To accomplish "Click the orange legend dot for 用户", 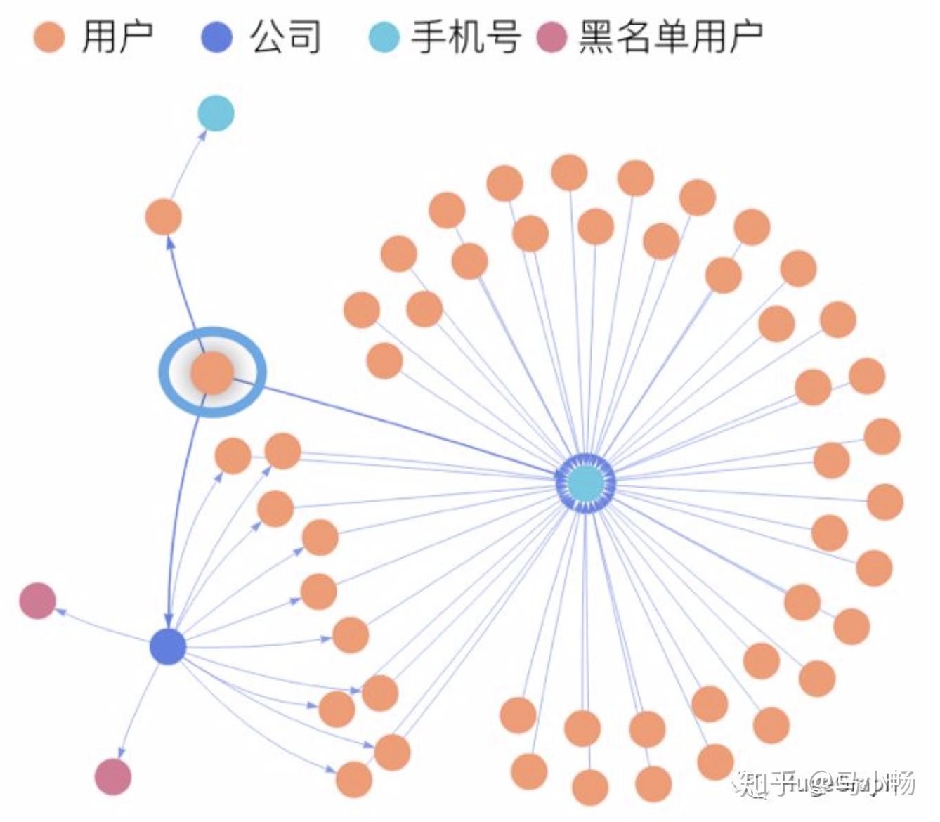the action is tap(49, 37).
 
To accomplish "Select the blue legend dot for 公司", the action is tap(216, 37).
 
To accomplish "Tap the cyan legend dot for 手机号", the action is tap(384, 37).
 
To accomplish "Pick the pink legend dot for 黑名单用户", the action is tap(551, 37).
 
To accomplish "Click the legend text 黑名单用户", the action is tap(671, 37).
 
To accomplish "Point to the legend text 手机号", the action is tap(466, 37).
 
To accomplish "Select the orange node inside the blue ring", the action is tap(212, 372).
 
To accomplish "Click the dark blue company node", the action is tap(168, 646).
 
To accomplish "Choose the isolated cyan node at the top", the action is tap(215, 113).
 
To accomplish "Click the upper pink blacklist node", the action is tap(37, 601).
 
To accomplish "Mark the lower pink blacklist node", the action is tap(113, 776).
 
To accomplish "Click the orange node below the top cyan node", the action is tap(163, 216).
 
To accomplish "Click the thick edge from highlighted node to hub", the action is tap(393, 425).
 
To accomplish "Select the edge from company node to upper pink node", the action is tap(105, 625).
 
